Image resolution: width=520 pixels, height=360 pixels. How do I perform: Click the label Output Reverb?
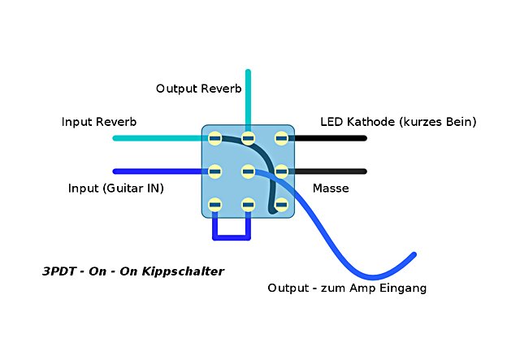click(x=198, y=88)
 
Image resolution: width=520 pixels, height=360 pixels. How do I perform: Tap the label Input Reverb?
click(x=99, y=122)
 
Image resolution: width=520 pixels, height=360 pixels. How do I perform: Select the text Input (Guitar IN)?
click(x=116, y=189)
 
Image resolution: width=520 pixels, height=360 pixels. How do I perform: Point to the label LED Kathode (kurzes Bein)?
click(x=398, y=122)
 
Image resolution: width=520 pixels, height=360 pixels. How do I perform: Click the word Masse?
click(x=331, y=189)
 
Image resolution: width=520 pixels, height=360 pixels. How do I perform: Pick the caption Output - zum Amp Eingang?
click(x=347, y=288)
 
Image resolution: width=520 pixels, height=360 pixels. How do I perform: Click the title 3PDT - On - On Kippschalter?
click(x=132, y=271)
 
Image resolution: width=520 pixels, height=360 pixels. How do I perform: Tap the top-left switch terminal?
click(x=215, y=138)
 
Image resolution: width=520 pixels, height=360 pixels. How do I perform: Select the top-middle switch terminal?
click(x=249, y=138)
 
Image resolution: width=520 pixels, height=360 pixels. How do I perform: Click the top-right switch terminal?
click(x=281, y=138)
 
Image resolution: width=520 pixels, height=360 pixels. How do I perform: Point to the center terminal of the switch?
click(x=249, y=171)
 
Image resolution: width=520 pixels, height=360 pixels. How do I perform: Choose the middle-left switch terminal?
click(x=215, y=171)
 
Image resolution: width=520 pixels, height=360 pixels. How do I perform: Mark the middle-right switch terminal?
click(x=281, y=171)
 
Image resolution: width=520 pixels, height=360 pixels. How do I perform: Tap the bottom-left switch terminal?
click(x=215, y=205)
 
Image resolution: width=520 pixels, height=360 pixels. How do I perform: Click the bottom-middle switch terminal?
click(x=249, y=205)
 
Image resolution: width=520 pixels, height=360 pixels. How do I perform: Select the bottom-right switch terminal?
click(x=281, y=205)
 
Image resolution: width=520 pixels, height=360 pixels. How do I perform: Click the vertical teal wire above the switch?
click(x=249, y=98)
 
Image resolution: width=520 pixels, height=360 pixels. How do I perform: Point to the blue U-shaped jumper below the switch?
click(x=232, y=238)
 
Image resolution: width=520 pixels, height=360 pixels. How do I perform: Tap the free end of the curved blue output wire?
click(x=414, y=255)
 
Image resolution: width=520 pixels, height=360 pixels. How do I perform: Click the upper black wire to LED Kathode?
click(x=329, y=138)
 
